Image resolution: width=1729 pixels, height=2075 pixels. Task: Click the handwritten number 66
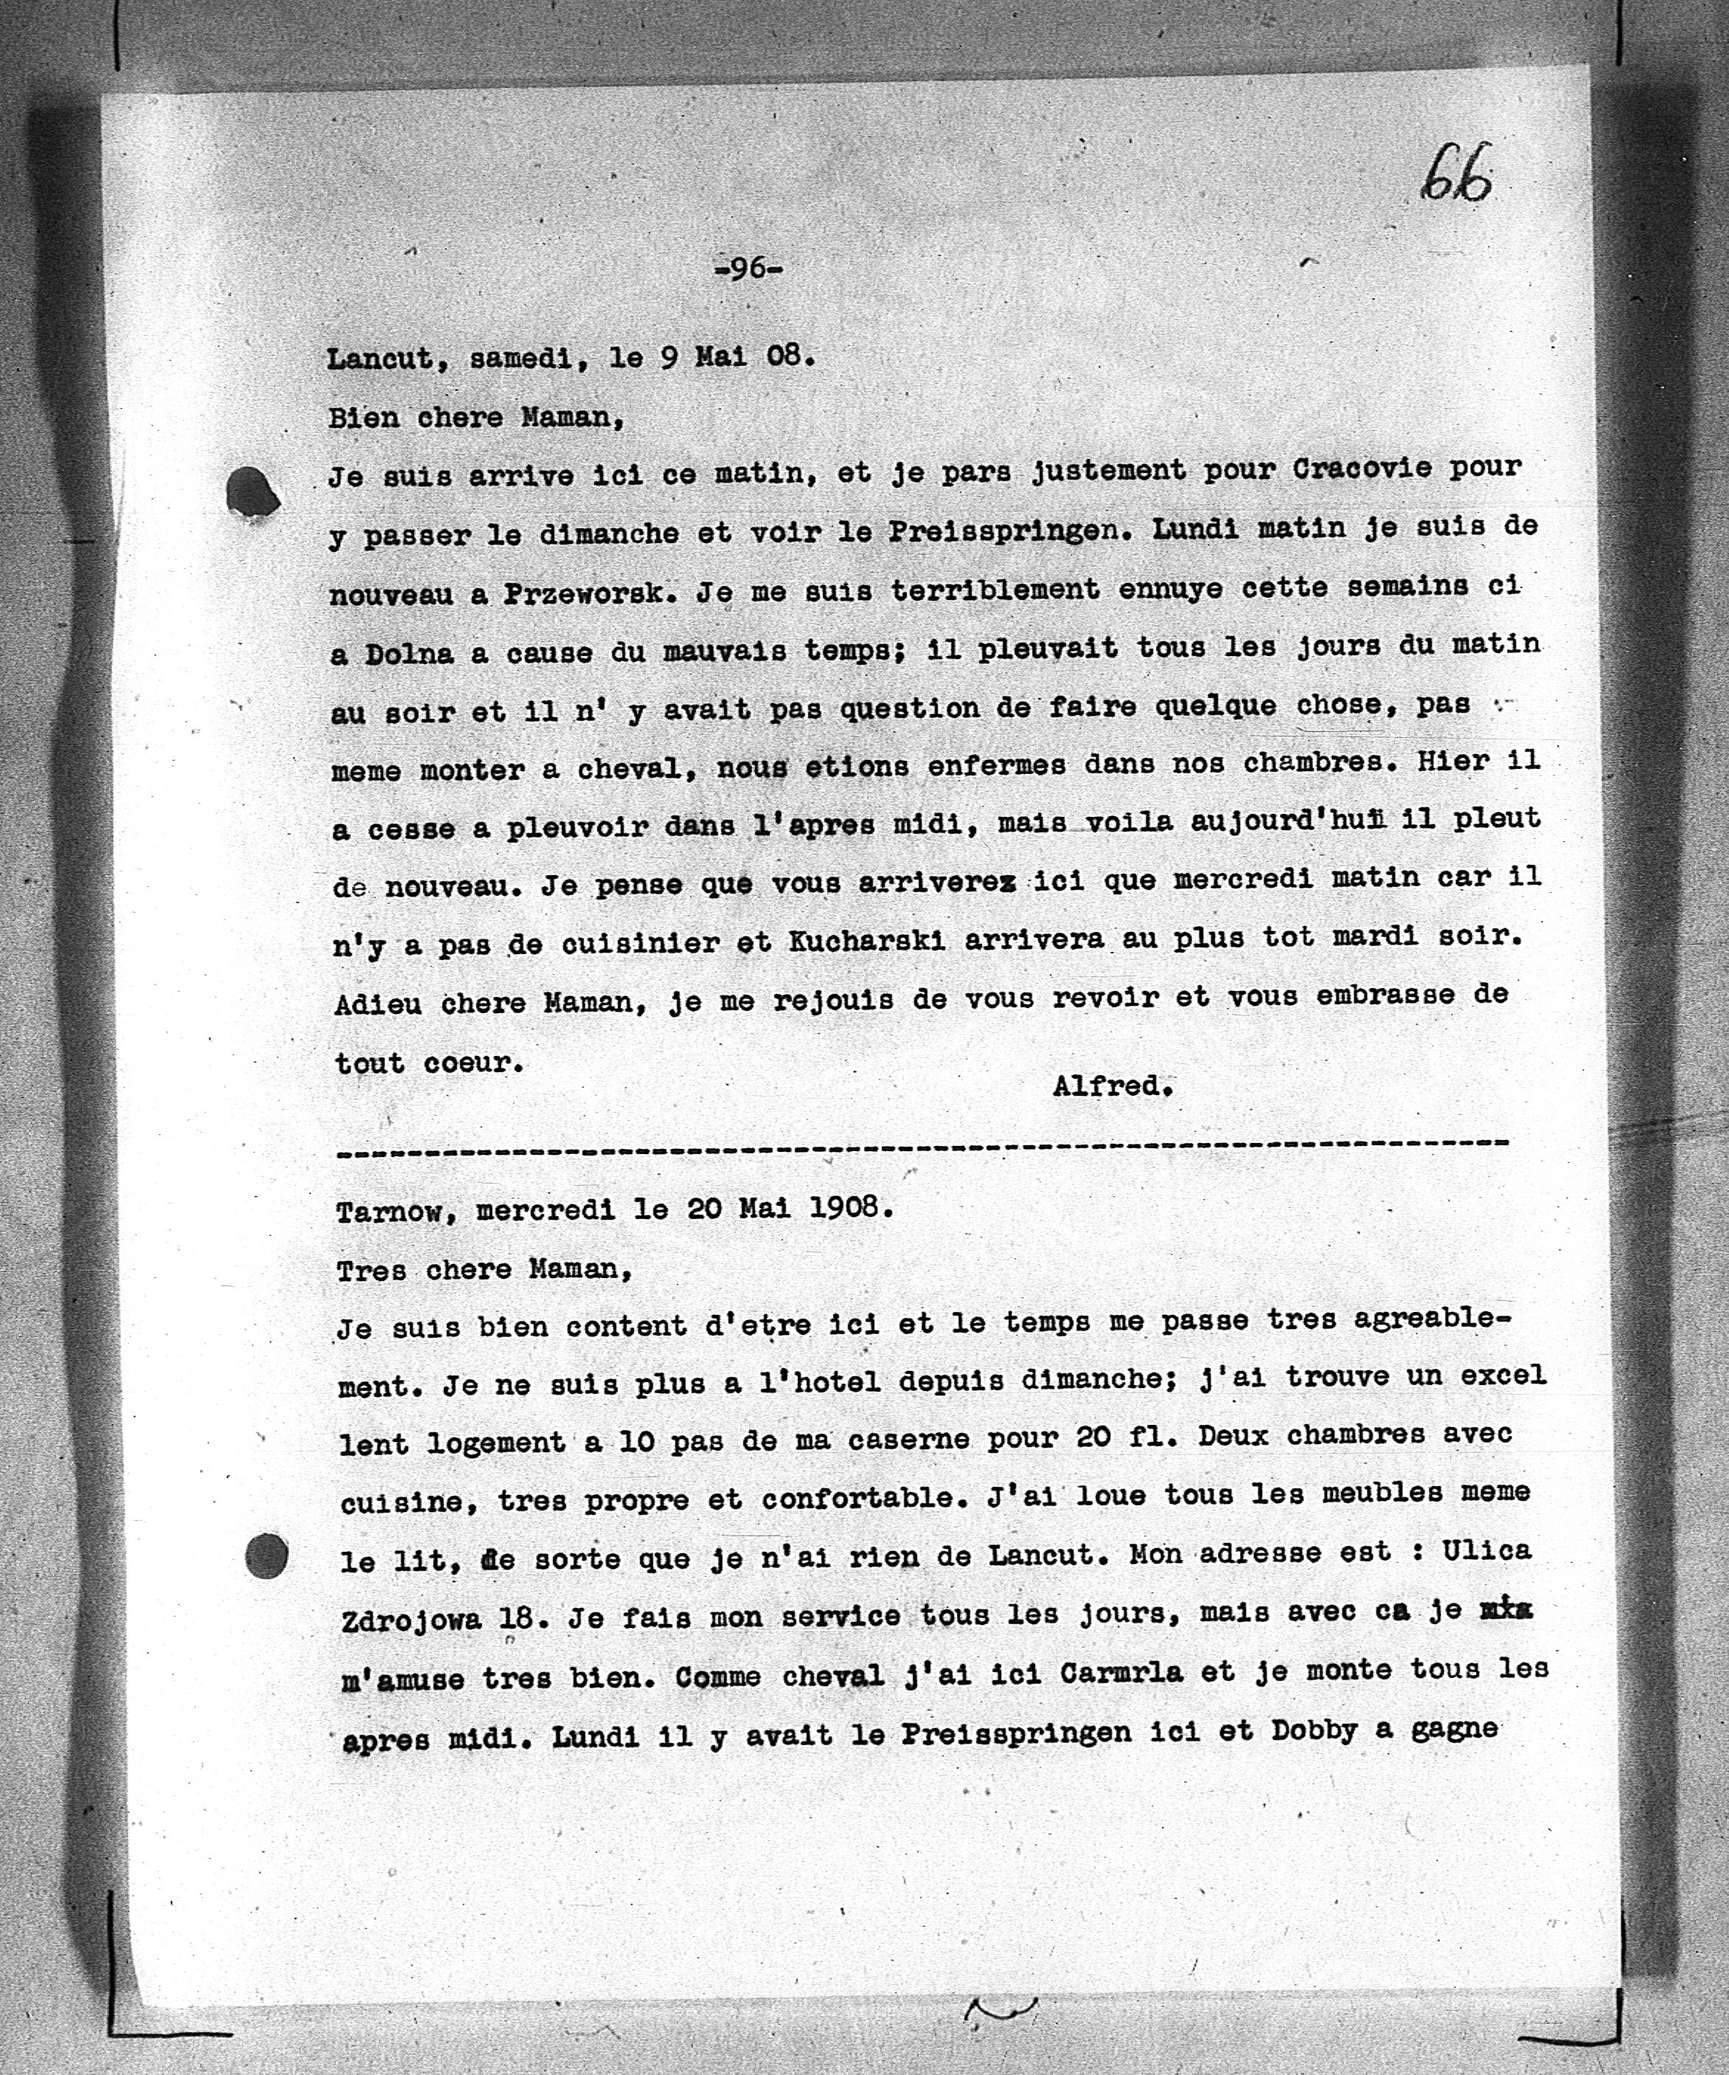tap(1456, 175)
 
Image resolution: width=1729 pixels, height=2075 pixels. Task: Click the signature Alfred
tap(1111, 1086)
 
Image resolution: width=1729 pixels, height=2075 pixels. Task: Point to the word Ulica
tap(1486, 1550)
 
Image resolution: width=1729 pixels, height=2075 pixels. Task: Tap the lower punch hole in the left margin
tap(265, 1556)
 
